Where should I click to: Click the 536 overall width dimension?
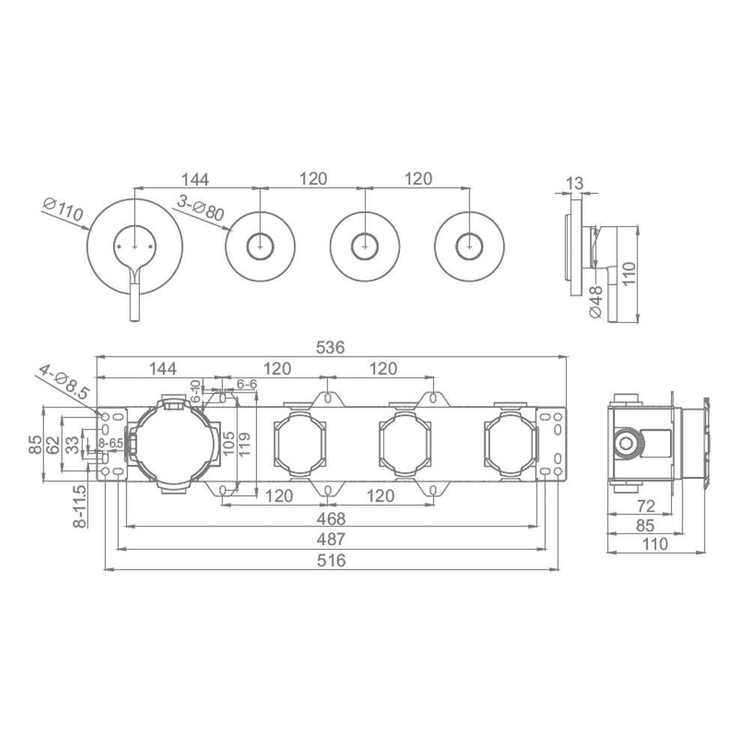click(x=330, y=348)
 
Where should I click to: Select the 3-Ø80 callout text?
click(x=201, y=208)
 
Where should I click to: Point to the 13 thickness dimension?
click(x=574, y=183)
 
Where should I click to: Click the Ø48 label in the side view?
click(x=596, y=302)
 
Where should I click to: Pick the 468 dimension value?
click(x=330, y=518)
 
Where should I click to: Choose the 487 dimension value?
click(x=330, y=539)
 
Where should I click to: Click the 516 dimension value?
click(x=331, y=560)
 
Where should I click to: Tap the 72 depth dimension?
click(x=646, y=506)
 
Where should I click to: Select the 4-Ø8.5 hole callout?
click(x=64, y=383)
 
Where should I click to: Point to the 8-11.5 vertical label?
click(x=80, y=506)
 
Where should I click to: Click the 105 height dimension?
click(x=228, y=443)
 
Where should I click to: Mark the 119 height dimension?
click(x=245, y=444)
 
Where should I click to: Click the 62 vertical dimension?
click(x=53, y=445)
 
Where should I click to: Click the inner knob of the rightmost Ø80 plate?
click(x=470, y=247)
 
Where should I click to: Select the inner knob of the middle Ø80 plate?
click(x=365, y=247)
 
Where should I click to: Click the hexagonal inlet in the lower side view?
click(x=625, y=443)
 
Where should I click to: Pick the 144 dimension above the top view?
click(x=195, y=179)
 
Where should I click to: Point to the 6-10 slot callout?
click(x=195, y=391)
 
